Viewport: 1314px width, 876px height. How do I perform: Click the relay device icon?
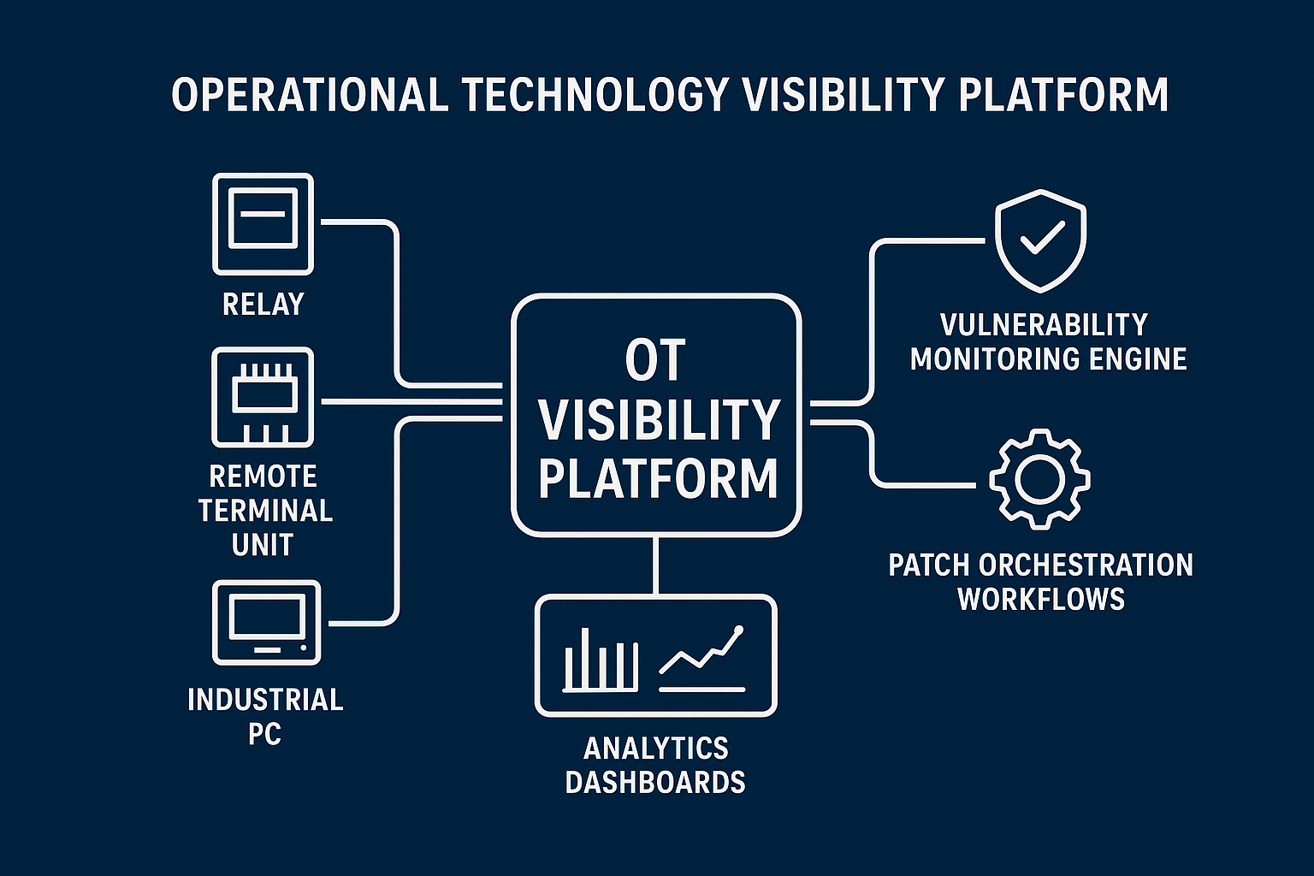[x=263, y=223]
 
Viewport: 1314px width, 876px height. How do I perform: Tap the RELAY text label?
[x=263, y=304]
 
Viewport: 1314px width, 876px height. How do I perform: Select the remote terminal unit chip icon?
[x=263, y=397]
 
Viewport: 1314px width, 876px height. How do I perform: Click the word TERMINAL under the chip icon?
[x=265, y=511]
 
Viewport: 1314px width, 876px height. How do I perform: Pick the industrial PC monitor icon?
[x=266, y=622]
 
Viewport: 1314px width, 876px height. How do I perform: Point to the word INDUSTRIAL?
[x=265, y=700]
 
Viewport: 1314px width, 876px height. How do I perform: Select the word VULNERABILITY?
[x=1044, y=325]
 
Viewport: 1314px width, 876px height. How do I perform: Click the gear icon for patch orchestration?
[x=1039, y=478]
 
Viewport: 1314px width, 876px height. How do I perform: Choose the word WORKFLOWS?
[x=1040, y=599]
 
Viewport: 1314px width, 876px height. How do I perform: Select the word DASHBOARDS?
[x=655, y=782]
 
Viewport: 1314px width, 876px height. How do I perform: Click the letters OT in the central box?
[x=655, y=361]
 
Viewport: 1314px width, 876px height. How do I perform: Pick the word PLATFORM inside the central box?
[x=658, y=478]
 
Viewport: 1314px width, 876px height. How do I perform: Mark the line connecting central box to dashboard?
[x=656, y=565]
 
